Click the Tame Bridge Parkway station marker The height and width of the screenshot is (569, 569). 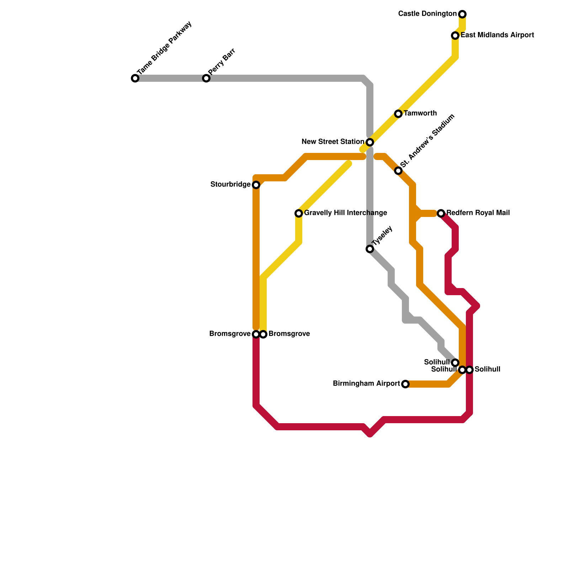pyautogui.click(x=135, y=78)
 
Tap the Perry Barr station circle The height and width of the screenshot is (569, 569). pyautogui.click(x=206, y=78)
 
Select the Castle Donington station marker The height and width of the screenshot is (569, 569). pyautogui.click(x=462, y=14)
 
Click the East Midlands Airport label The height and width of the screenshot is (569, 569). pyautogui.click(x=497, y=35)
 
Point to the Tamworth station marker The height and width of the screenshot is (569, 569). pyautogui.click(x=398, y=114)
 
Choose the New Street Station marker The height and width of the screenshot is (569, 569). pyautogui.click(x=370, y=142)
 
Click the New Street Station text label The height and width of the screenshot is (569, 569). pyautogui.click(x=333, y=142)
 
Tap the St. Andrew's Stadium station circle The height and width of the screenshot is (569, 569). pyautogui.click(x=398, y=171)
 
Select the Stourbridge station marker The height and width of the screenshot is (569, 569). pyautogui.click(x=256, y=185)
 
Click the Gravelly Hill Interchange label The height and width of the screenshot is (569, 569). pyautogui.click(x=345, y=213)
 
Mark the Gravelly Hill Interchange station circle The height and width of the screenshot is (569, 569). pyautogui.click(x=299, y=213)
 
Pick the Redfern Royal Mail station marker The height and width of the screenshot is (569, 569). pyautogui.click(x=441, y=213)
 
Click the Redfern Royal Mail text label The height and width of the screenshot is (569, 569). pyautogui.click(x=478, y=213)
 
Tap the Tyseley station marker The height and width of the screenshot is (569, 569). pyautogui.click(x=370, y=249)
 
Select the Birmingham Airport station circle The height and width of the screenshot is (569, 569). pyautogui.click(x=405, y=384)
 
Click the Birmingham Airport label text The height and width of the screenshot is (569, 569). pyautogui.click(x=366, y=384)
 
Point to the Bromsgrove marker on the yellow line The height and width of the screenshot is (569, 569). pyautogui.click(x=263, y=334)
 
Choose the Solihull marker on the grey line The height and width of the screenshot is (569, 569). pyautogui.click(x=455, y=363)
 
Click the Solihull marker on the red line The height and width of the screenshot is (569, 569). pyautogui.click(x=469, y=370)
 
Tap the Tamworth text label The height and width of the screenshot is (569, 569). pyautogui.click(x=420, y=113)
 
